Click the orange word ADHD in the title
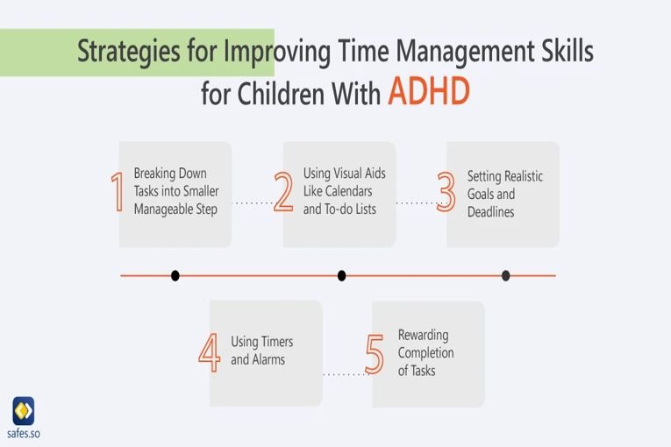(429, 91)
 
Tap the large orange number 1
(118, 192)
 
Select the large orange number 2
(283, 192)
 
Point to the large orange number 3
(446, 192)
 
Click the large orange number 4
(210, 352)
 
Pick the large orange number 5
(375, 354)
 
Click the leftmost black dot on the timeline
(175, 276)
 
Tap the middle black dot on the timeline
(341, 276)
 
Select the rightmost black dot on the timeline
(506, 276)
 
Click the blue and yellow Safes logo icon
(24, 411)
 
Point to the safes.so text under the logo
(24, 433)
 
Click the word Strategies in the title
(128, 52)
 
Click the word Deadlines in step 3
(491, 212)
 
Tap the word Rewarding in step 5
(424, 336)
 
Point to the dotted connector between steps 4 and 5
(345, 375)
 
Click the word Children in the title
(282, 93)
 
